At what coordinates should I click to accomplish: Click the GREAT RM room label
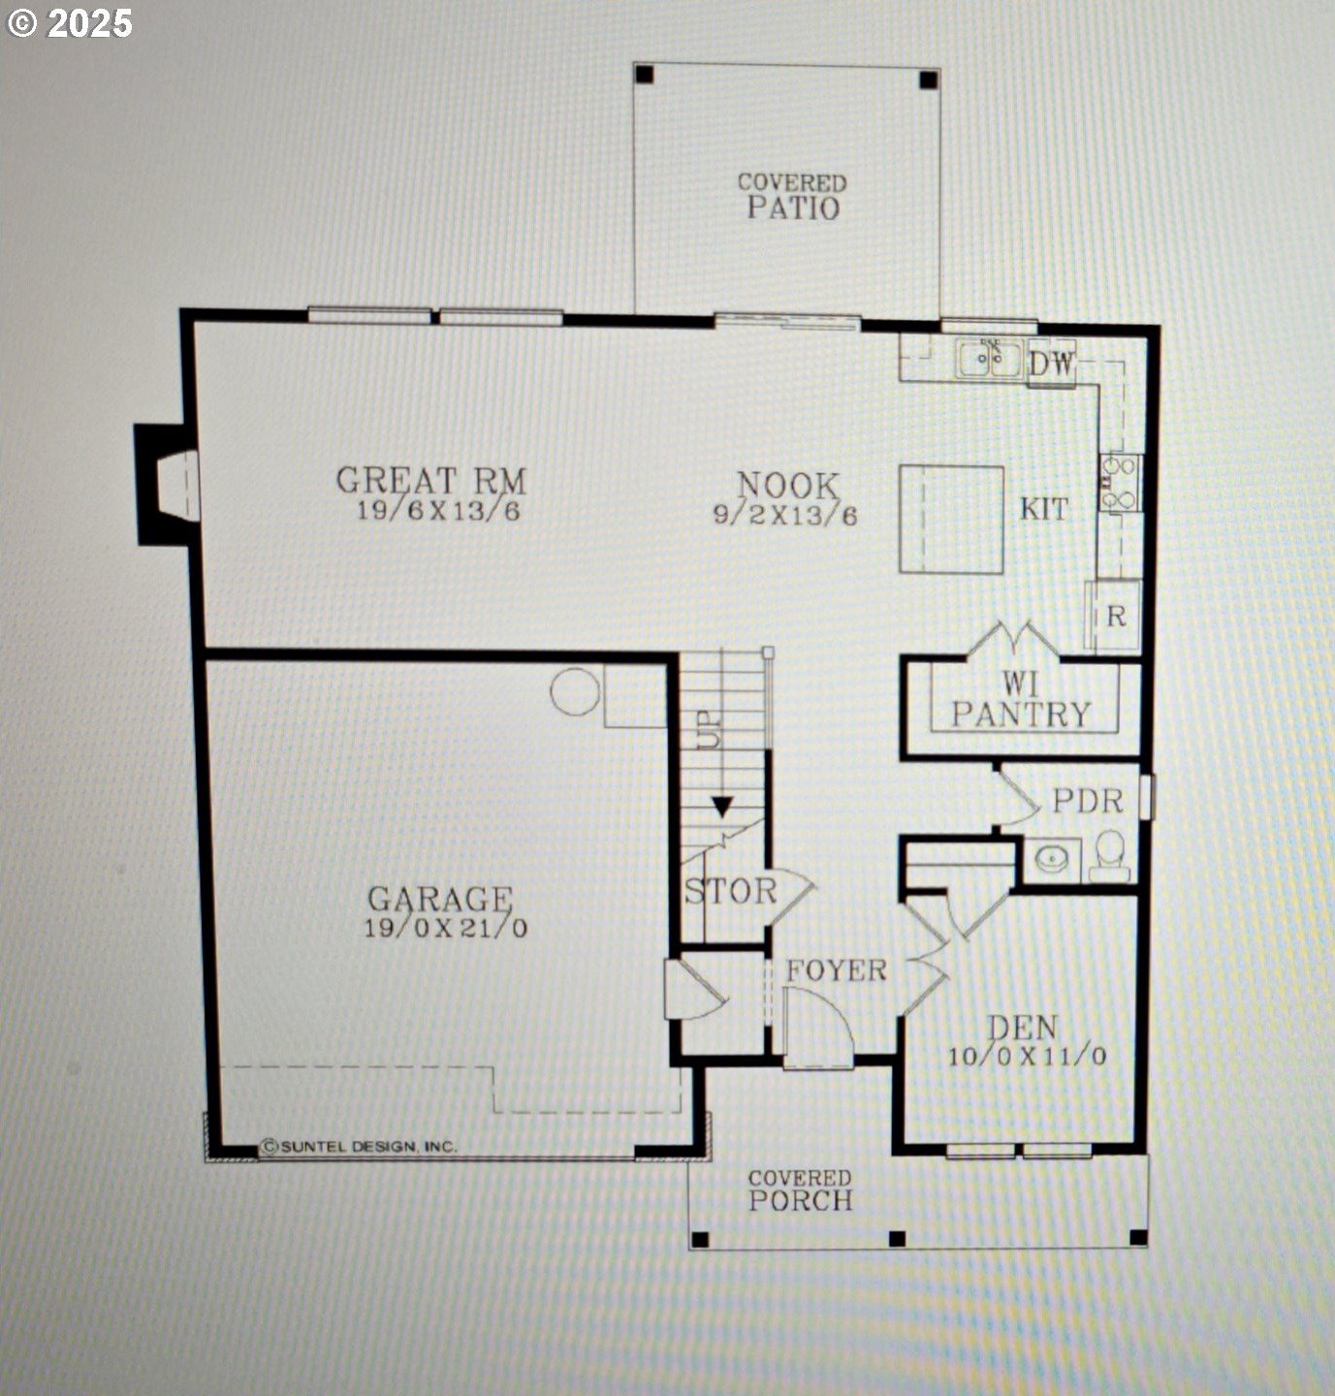[431, 481]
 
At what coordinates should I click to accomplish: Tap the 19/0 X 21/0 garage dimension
[446, 929]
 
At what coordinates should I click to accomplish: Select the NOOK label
[788, 486]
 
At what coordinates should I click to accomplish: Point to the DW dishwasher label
[1052, 364]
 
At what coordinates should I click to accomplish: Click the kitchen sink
[989, 358]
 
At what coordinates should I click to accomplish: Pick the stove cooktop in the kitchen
[1120, 483]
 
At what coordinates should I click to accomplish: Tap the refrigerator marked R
[1115, 616]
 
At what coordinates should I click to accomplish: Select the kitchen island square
[951, 520]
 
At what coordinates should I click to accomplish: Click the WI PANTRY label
[1021, 699]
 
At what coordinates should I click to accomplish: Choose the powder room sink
[1052, 859]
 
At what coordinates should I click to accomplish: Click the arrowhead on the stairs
[721, 807]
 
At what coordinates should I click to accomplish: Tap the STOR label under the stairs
[730, 891]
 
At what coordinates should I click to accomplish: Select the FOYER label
[837, 970]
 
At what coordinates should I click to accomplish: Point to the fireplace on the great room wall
[168, 484]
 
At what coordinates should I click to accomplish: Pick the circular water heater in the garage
[575, 691]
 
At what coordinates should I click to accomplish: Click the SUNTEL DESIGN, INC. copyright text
[359, 1146]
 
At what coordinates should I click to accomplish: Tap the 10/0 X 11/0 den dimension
[1028, 1056]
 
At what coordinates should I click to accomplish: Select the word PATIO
[793, 208]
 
